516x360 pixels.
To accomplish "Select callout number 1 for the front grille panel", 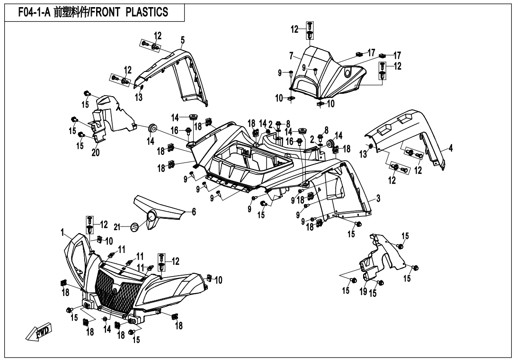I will pos(62,232).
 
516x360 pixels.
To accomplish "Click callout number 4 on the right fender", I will pos(451,148).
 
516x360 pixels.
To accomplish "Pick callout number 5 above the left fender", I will pos(183,39).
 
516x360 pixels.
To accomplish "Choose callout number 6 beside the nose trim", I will pos(194,212).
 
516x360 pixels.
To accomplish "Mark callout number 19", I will pos(363,292).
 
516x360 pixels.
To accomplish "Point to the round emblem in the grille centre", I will pos(115,290).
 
